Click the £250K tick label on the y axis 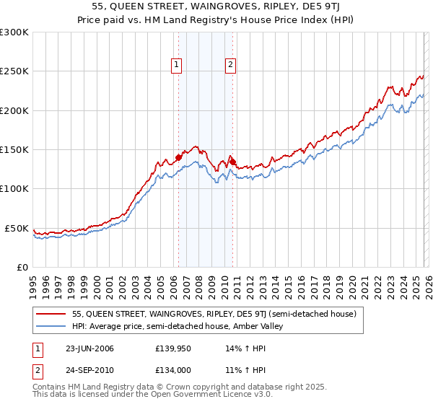coord(14,71)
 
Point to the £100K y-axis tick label coord(14,189)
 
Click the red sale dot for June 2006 coord(179,157)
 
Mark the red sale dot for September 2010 coord(233,162)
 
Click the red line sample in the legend coord(52,314)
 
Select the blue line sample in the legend coord(52,326)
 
